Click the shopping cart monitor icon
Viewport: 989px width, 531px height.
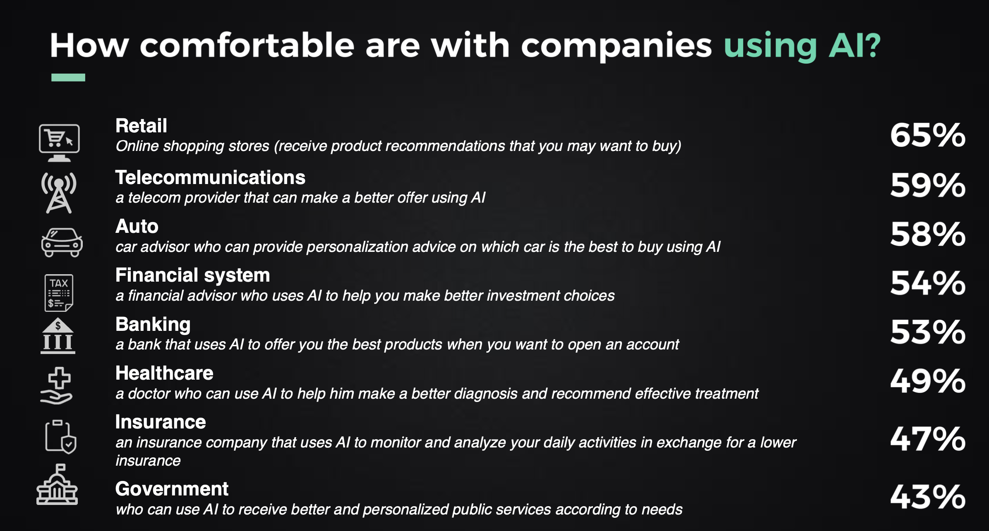pyautogui.click(x=59, y=143)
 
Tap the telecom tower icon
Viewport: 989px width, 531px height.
pyautogui.click(x=59, y=193)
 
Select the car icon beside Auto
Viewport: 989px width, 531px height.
pyautogui.click(x=62, y=242)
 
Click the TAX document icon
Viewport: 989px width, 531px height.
pyautogui.click(x=59, y=293)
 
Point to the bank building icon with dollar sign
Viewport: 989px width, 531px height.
pyautogui.click(x=58, y=336)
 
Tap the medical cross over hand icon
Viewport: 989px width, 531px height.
pyautogui.click(x=57, y=385)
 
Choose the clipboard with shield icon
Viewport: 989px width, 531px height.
pyautogui.click(x=60, y=437)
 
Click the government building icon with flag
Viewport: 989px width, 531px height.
pyautogui.click(x=57, y=484)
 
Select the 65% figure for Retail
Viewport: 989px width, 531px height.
pyautogui.click(x=928, y=135)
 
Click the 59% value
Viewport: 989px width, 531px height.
pyautogui.click(x=928, y=185)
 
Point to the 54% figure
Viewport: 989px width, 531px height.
pyautogui.click(x=928, y=283)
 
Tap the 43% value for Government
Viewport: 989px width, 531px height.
pyautogui.click(x=928, y=497)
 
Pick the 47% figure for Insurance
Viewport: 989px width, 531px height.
pyautogui.click(x=928, y=439)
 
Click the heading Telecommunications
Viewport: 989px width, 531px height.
pyautogui.click(x=210, y=177)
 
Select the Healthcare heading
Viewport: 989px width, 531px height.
pyautogui.click(x=164, y=373)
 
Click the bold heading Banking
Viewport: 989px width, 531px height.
pyautogui.click(x=153, y=325)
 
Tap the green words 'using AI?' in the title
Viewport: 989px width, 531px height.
pyautogui.click(x=802, y=46)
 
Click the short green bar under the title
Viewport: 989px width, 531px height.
pyautogui.click(x=68, y=77)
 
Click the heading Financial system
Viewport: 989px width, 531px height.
pyautogui.click(x=192, y=275)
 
